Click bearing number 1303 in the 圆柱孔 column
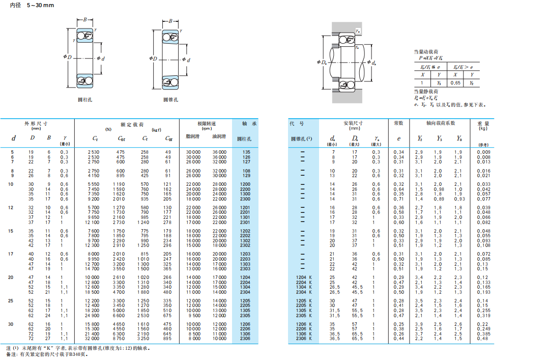click(x=245, y=264)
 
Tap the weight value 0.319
click(x=483, y=316)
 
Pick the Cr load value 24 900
click(x=92, y=316)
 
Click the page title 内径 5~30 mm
click(x=32, y=5)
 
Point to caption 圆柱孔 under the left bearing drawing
click(x=85, y=100)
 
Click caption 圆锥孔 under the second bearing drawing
click(x=170, y=100)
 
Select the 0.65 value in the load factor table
click(x=455, y=83)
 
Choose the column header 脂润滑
click(x=192, y=136)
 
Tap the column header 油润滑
click(x=219, y=136)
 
